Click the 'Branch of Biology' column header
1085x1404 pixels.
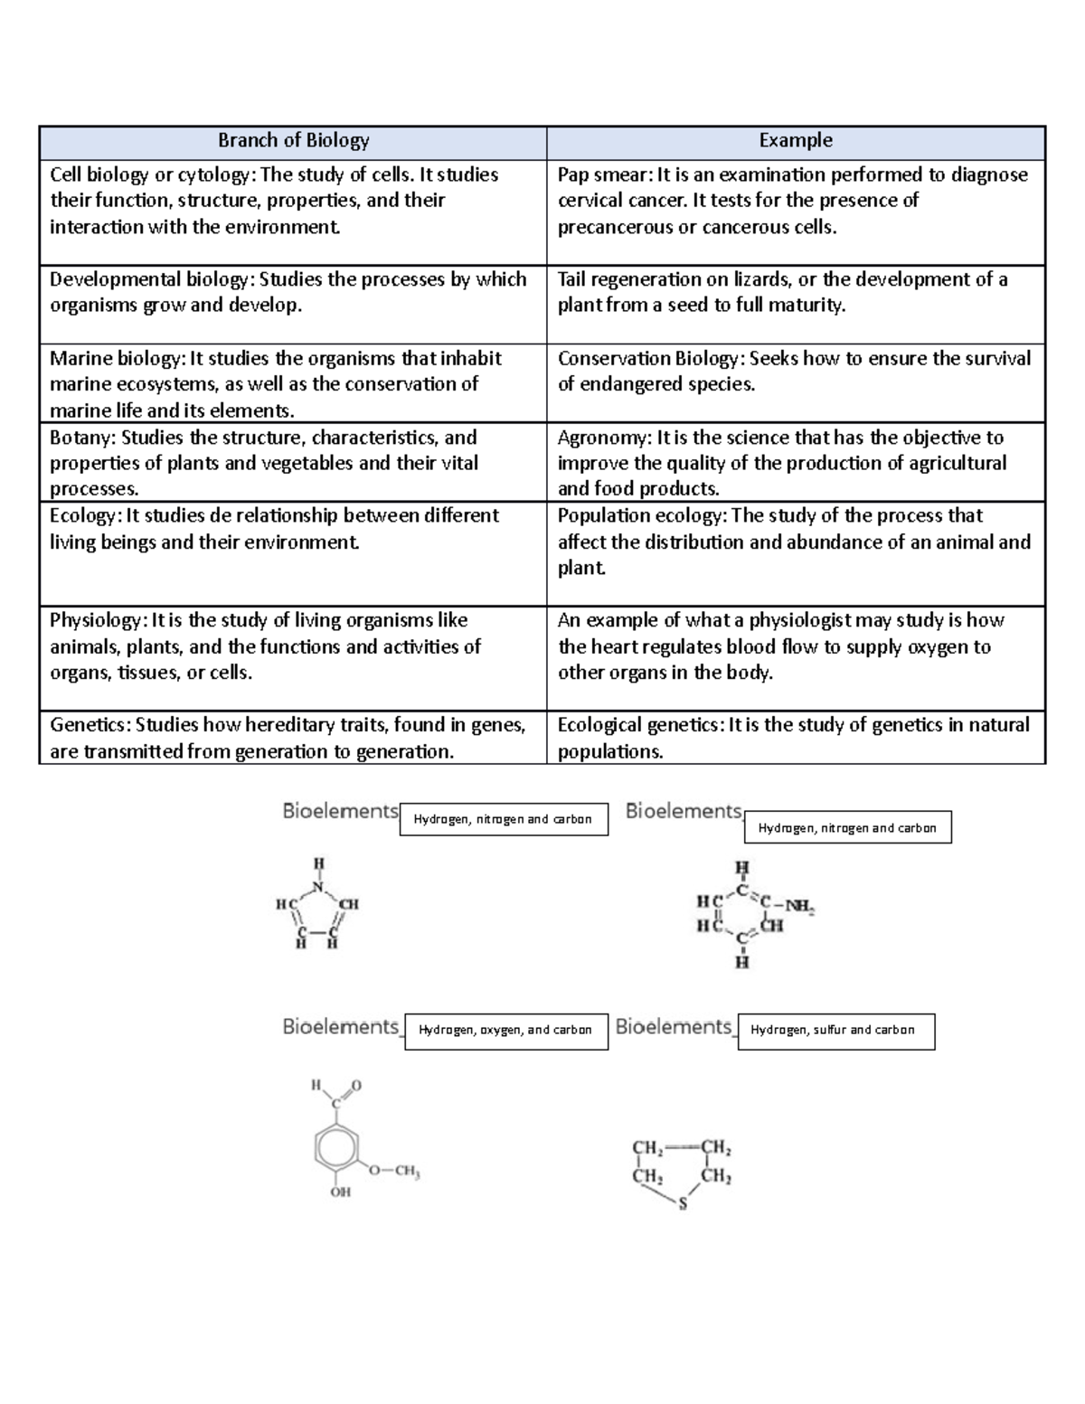click(293, 141)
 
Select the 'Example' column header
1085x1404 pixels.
click(796, 140)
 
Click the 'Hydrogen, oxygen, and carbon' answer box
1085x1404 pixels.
click(506, 1031)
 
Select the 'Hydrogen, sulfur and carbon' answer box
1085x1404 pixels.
click(835, 1031)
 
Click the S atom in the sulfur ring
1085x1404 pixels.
click(683, 1204)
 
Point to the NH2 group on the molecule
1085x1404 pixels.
click(799, 906)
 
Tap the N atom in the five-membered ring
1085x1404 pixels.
click(317, 886)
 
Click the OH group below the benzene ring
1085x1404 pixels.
click(340, 1192)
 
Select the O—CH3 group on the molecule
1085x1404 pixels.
click(394, 1172)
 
